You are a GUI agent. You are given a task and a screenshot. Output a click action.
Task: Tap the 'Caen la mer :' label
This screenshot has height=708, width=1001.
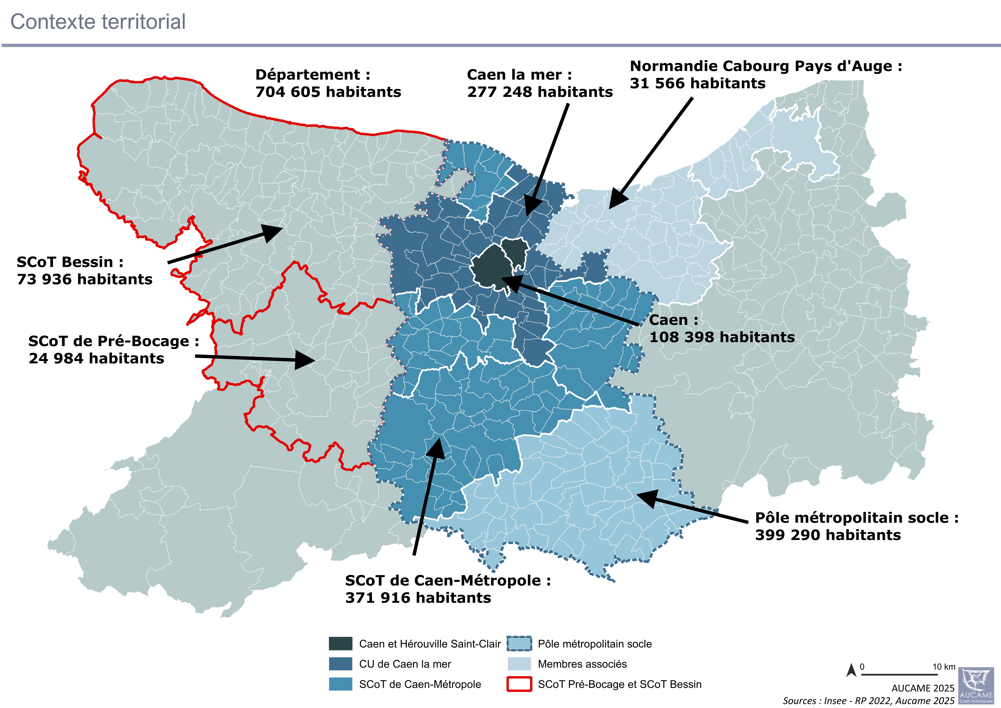pos(519,75)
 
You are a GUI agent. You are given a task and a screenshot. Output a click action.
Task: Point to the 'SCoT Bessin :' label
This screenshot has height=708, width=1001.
pos(70,262)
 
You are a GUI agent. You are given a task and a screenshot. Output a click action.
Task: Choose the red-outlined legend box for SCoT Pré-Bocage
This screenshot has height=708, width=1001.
pos(519,684)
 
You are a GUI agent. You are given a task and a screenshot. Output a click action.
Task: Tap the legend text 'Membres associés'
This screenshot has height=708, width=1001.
pos(582,664)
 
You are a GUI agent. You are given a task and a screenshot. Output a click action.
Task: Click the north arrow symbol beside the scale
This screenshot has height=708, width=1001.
pos(851,670)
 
